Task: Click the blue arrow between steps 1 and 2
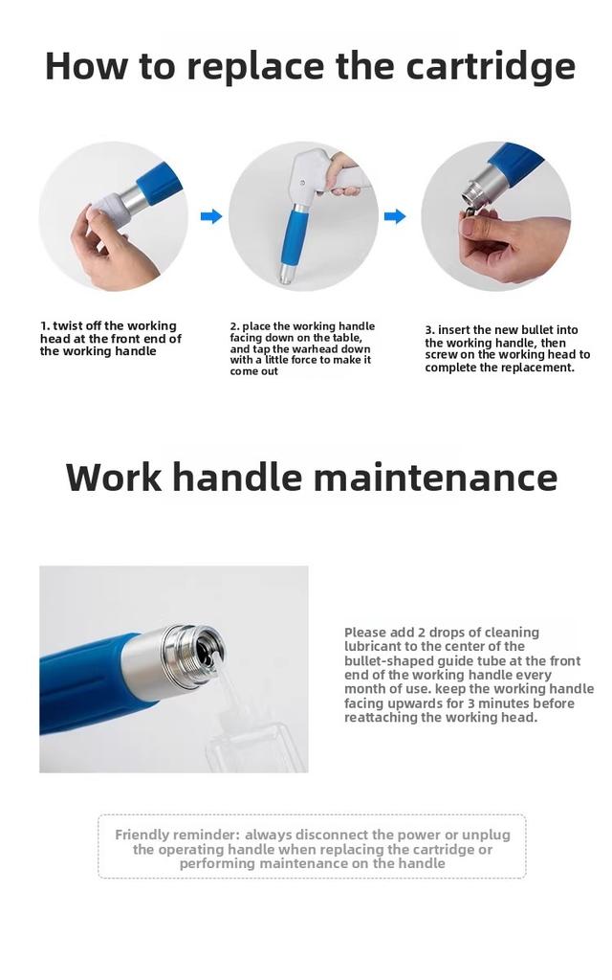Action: (211, 216)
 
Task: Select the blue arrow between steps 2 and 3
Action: (395, 216)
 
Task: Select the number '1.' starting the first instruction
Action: (45, 325)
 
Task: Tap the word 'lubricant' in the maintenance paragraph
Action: (372, 646)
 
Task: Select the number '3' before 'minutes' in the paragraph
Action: (471, 703)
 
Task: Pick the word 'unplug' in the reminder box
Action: (486, 835)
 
